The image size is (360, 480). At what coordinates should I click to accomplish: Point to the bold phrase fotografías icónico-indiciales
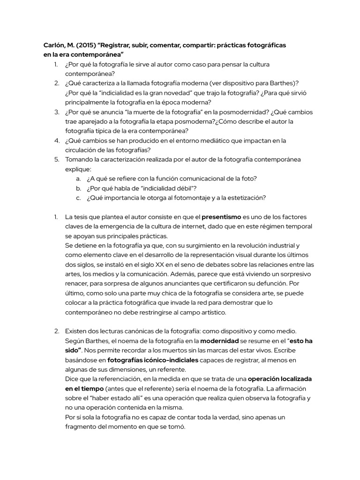click(153, 360)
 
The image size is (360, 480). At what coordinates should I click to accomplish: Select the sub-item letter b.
click(78, 188)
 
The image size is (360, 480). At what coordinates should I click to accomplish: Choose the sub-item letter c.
click(78, 197)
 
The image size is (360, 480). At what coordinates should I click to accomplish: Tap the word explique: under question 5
click(78, 169)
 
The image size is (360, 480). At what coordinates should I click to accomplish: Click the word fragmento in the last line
click(82, 427)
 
